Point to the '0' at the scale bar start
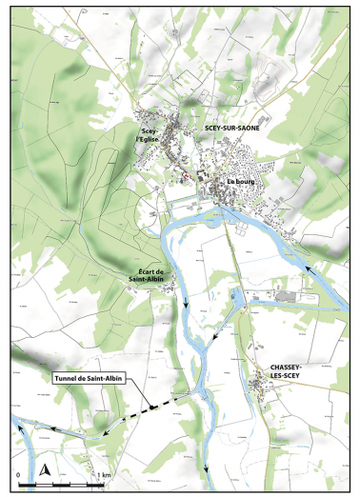(x=16, y=473)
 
